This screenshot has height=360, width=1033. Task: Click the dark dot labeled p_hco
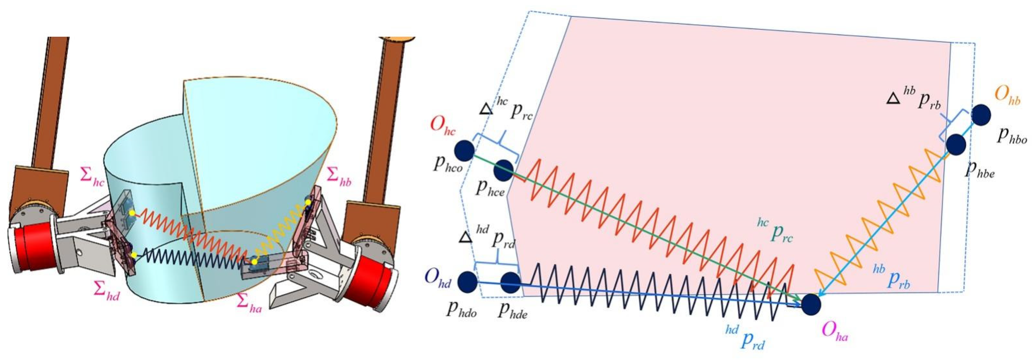pyautogui.click(x=464, y=151)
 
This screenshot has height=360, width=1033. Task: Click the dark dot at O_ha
pyautogui.click(x=811, y=304)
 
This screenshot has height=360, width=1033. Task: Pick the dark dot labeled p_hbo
pyautogui.click(x=981, y=115)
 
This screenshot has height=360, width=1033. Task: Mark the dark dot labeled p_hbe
pyautogui.click(x=956, y=145)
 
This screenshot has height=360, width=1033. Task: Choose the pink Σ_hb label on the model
pyautogui.click(x=339, y=177)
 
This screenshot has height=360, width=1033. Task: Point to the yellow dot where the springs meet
pyautogui.click(x=254, y=262)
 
